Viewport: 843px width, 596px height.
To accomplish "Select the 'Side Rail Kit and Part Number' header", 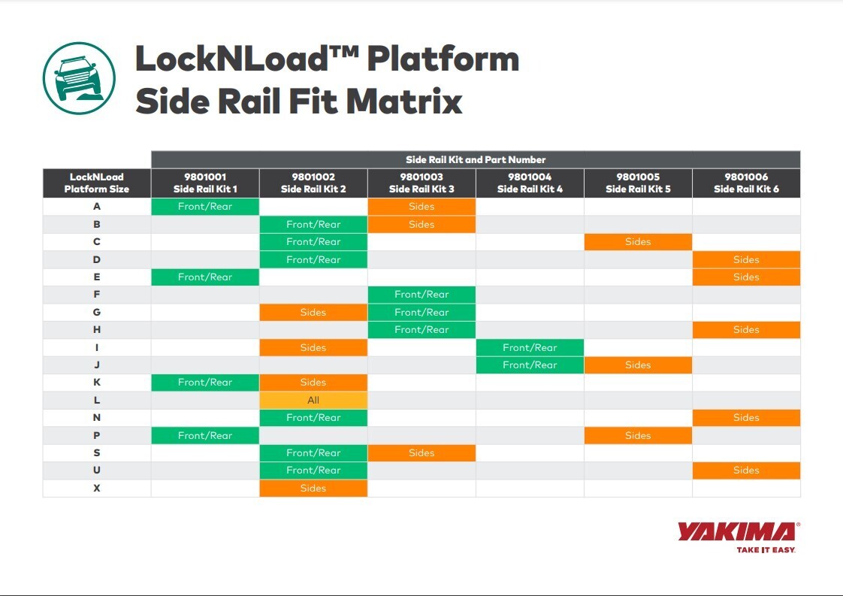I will (x=476, y=159).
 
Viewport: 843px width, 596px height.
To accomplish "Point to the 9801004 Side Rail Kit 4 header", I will (x=530, y=183).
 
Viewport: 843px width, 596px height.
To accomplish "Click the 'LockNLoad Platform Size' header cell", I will (x=97, y=183).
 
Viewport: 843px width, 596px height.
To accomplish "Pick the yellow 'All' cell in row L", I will (x=313, y=400).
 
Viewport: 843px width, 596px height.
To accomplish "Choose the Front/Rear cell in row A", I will (x=205, y=207).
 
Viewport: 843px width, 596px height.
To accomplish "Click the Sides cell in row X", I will (x=313, y=488).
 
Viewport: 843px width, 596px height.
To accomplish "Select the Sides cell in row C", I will (x=638, y=242).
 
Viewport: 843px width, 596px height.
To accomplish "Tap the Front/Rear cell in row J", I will (x=530, y=365).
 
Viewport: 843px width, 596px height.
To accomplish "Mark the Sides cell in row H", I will (x=746, y=330).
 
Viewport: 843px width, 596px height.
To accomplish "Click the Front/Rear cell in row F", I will (x=421, y=295).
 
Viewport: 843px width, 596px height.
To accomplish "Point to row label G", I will (x=97, y=312).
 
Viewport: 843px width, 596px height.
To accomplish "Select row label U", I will (x=97, y=470).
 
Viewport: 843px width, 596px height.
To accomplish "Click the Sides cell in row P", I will (x=638, y=435).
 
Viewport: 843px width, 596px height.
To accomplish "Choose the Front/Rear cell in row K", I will (x=205, y=383).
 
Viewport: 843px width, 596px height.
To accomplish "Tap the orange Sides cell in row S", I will (x=421, y=452).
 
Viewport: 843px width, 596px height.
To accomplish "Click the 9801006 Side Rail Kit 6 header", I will (x=746, y=183).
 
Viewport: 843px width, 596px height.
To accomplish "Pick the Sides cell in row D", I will (x=746, y=259).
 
